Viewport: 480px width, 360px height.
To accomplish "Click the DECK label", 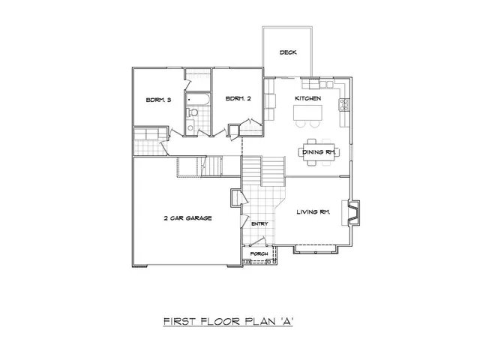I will tap(287, 52).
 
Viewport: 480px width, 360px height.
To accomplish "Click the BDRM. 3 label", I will tap(158, 100).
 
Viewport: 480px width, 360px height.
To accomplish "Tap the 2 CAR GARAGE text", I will tap(188, 218).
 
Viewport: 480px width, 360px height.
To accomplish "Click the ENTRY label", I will tap(259, 223).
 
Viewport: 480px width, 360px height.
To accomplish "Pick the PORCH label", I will tap(259, 253).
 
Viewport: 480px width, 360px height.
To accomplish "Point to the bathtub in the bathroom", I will tap(198, 99).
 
